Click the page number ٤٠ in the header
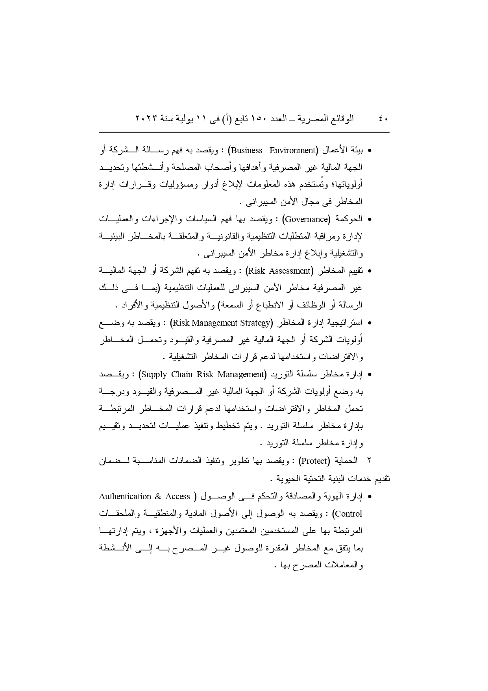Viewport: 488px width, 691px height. [383, 119]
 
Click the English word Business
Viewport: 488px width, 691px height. [246, 150]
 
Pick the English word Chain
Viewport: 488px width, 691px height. [182, 374]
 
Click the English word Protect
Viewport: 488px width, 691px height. [314, 461]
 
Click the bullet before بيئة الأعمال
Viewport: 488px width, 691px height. [370, 151]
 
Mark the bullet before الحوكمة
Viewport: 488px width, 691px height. [370, 219]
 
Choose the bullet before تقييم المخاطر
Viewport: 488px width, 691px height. [370, 271]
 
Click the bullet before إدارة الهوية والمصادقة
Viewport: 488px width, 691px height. [370, 497]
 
